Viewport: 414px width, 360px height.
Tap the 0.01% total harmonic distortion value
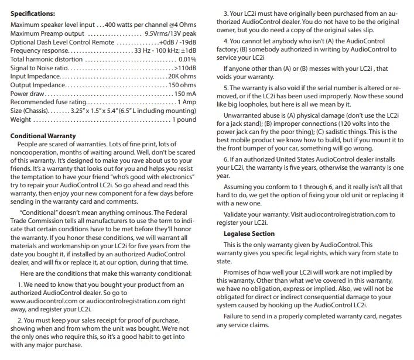click(187, 59)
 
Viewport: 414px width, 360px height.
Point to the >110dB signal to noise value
click(184, 68)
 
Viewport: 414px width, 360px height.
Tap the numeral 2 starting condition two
click(20, 322)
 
